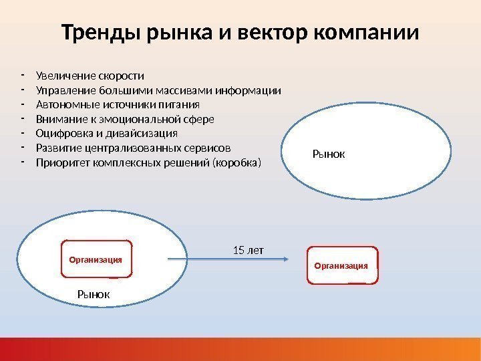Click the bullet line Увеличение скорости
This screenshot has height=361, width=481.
point(90,75)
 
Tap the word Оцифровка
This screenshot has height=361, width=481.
point(61,134)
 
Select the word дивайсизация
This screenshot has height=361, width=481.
point(140,134)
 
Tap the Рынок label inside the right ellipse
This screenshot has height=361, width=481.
point(329,154)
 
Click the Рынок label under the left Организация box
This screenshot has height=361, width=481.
point(94,293)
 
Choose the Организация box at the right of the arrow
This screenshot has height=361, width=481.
point(341,265)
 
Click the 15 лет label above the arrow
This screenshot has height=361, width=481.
point(249,250)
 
